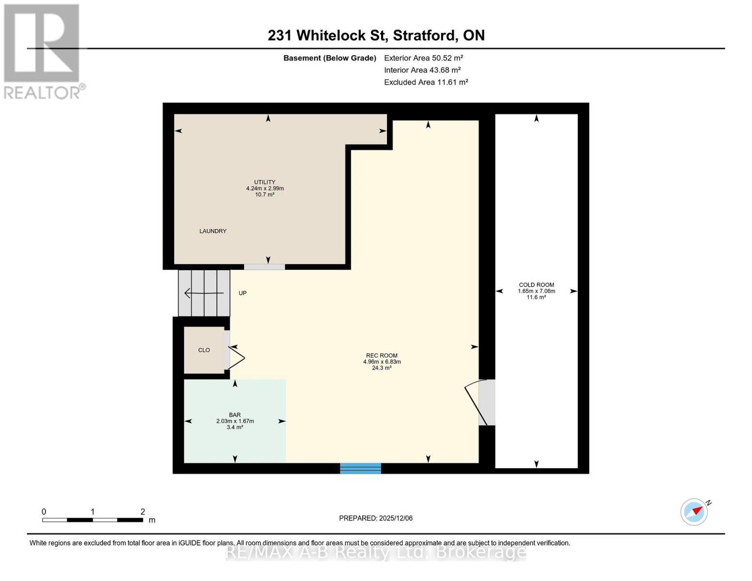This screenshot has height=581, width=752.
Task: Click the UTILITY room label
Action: pos(265,183)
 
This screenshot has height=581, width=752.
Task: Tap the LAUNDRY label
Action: pos(213,231)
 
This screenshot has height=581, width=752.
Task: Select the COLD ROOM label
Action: pos(537,285)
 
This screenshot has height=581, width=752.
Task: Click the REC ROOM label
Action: pos(382,356)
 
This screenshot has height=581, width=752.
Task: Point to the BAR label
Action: pos(235,415)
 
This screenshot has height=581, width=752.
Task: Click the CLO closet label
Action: pos(204,350)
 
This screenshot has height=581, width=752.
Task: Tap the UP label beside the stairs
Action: pos(243,293)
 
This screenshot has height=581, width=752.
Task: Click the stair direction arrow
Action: pos(203,293)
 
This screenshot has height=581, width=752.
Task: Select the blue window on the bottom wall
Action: pos(360,468)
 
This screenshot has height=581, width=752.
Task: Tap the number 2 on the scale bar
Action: pos(143,512)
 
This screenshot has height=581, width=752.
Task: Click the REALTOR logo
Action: pos(42,51)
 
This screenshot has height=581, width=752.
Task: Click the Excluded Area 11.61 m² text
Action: pos(426,82)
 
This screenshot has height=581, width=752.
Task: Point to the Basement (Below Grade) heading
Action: pos(330,58)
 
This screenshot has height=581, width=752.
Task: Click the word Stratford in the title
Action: pos(424,35)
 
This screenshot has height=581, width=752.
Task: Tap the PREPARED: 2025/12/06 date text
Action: pos(376,518)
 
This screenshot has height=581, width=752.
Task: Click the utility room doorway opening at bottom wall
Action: pos(264,267)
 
